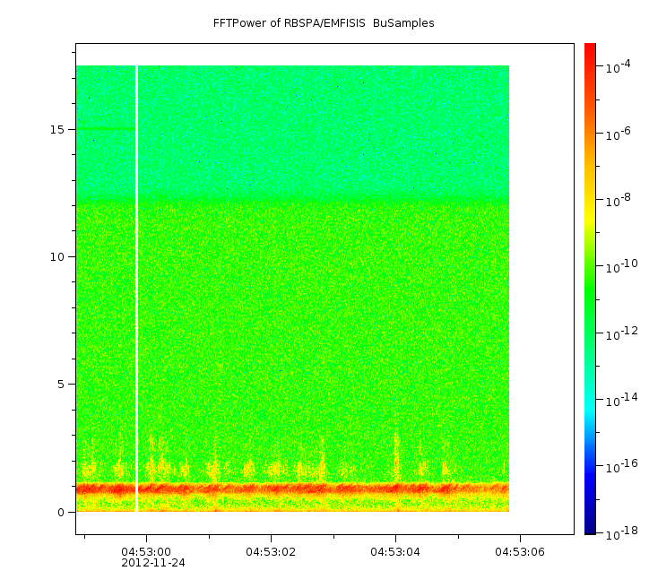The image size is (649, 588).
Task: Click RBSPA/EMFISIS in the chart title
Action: (x=324, y=23)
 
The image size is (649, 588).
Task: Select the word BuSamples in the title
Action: (x=403, y=23)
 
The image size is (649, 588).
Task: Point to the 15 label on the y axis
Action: (x=57, y=129)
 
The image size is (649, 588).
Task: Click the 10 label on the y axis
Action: (x=57, y=257)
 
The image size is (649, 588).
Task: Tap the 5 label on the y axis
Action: (x=61, y=385)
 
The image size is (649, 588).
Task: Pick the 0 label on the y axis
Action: (x=61, y=513)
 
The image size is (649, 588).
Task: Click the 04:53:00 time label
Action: (x=146, y=551)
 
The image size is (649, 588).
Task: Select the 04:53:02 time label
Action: (x=271, y=551)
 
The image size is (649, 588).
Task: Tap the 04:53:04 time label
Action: (x=395, y=551)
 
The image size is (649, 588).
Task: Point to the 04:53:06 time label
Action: (x=520, y=551)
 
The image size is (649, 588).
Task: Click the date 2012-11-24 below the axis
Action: (x=153, y=563)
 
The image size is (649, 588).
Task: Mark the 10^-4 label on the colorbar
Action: (x=619, y=66)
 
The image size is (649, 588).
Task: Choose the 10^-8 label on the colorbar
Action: (x=619, y=200)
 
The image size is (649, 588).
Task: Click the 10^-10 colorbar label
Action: (x=622, y=266)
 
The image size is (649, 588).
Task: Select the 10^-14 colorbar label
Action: (x=622, y=399)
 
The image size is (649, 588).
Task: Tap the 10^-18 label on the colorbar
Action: (x=622, y=532)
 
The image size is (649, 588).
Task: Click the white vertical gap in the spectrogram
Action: (x=136, y=289)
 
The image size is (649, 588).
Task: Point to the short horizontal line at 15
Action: (x=106, y=129)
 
